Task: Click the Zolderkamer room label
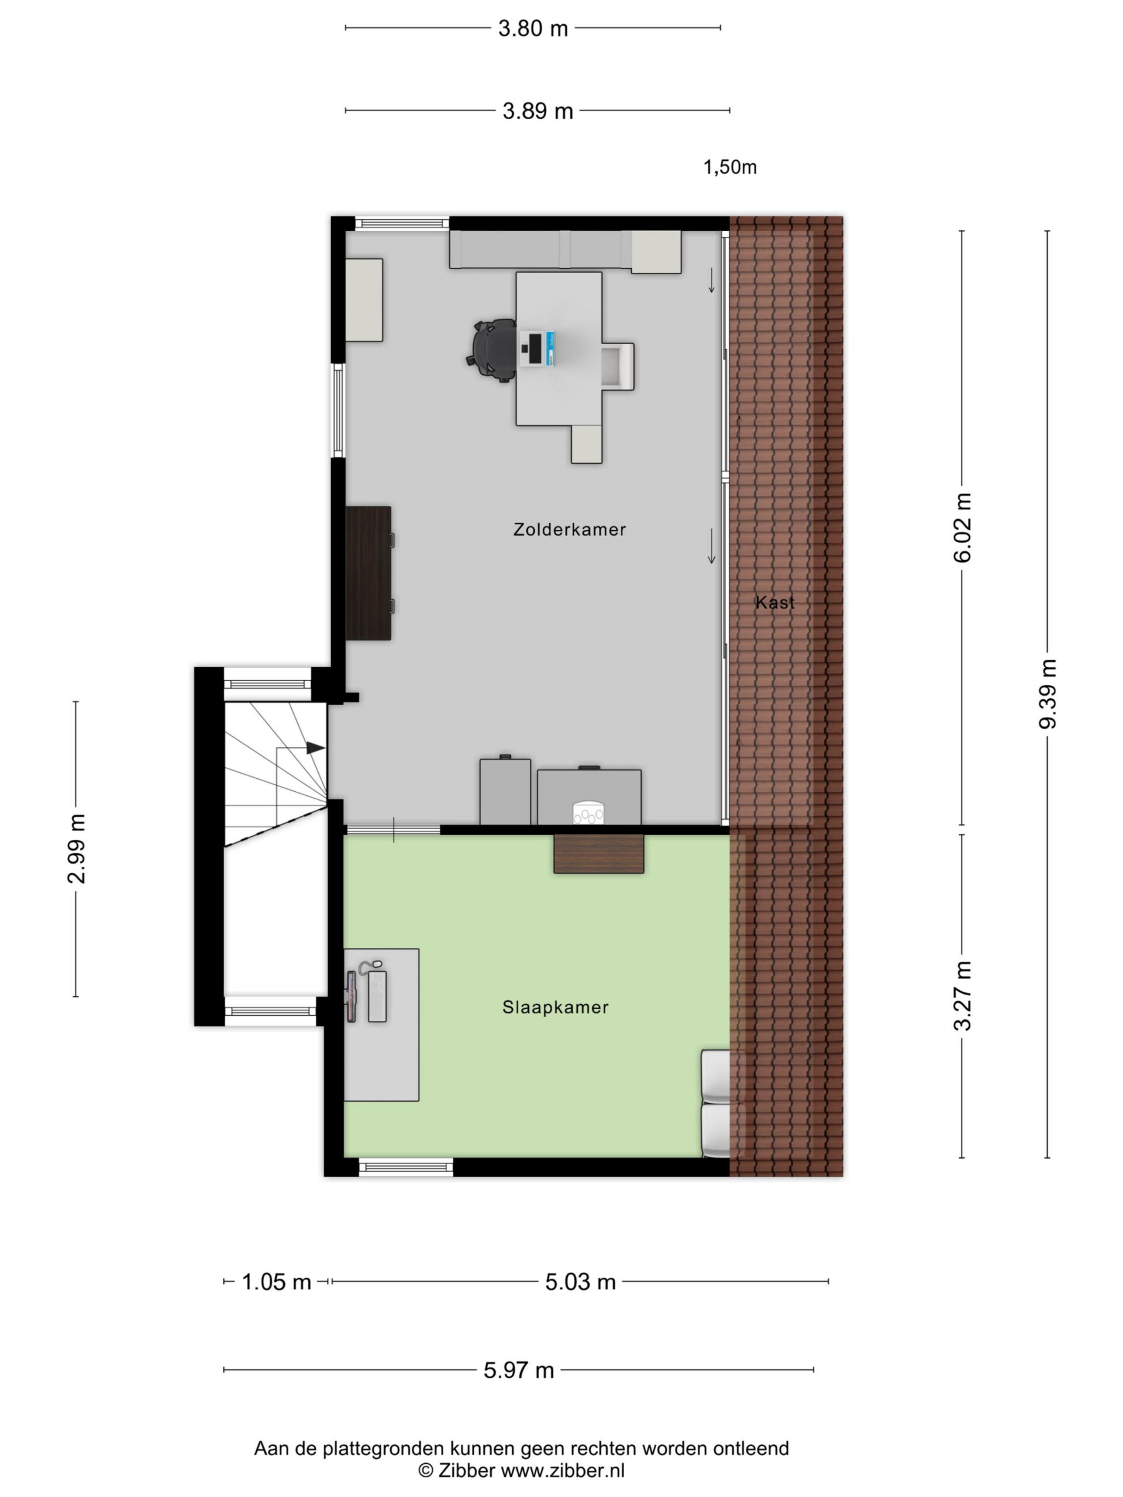click(569, 529)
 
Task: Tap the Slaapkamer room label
click(555, 1008)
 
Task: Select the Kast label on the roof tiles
click(775, 602)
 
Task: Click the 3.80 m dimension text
click(533, 29)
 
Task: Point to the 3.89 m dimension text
click(538, 111)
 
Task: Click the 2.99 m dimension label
click(76, 848)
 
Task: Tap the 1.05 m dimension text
click(276, 1282)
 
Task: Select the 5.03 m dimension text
click(580, 1282)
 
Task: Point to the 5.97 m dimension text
click(519, 1371)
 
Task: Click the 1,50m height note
click(730, 167)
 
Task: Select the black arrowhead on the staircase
click(315, 748)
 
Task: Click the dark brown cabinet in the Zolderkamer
click(369, 573)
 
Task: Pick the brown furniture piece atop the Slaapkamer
click(598, 854)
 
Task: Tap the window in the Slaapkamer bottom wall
click(405, 1166)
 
